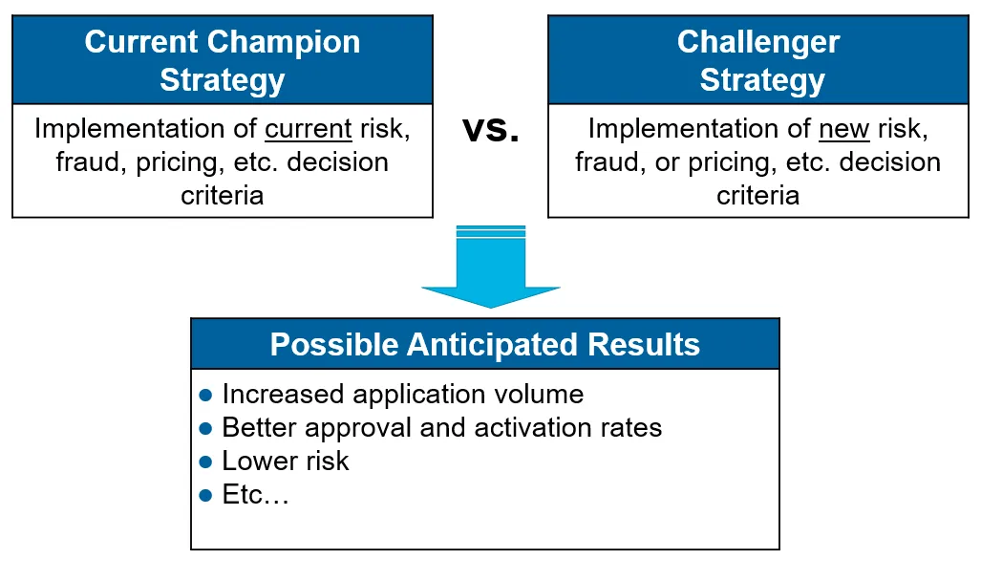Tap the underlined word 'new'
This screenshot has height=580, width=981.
coord(844,129)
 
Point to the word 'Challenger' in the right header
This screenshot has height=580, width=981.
coord(758,42)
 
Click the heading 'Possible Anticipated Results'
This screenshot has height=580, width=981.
coord(484,344)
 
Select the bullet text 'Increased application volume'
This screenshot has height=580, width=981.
coord(402,394)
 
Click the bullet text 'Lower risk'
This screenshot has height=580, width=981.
coord(286,461)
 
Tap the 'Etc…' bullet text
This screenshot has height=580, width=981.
coord(255,495)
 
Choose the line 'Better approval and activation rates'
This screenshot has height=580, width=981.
coord(441,427)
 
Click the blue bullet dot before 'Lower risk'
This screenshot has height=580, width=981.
coord(205,462)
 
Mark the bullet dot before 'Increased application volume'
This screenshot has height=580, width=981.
coord(205,395)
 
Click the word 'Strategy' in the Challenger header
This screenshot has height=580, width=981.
coord(761,80)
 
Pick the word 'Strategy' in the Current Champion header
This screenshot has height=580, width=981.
coord(222,80)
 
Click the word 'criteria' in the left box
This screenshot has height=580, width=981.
coord(222,196)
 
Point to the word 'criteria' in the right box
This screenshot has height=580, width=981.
coord(758,196)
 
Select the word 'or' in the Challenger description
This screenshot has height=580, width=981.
coord(666,162)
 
